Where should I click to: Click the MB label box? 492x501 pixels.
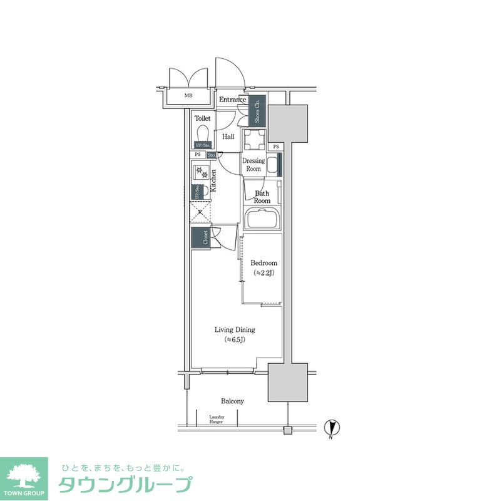(x=188, y=96)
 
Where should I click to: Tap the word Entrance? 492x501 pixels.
(x=232, y=100)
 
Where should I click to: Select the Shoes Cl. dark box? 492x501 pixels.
(x=258, y=111)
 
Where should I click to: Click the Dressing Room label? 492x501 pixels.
(x=254, y=165)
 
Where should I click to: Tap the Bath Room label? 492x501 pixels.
(x=262, y=197)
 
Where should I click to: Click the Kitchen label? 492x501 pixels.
(x=213, y=180)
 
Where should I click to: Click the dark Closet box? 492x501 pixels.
(x=201, y=238)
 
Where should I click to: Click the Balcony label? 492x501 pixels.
(x=232, y=401)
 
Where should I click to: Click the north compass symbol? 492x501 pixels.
(x=333, y=428)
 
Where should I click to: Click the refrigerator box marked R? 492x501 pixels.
(x=200, y=212)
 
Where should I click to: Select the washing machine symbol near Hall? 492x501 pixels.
(x=254, y=140)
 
